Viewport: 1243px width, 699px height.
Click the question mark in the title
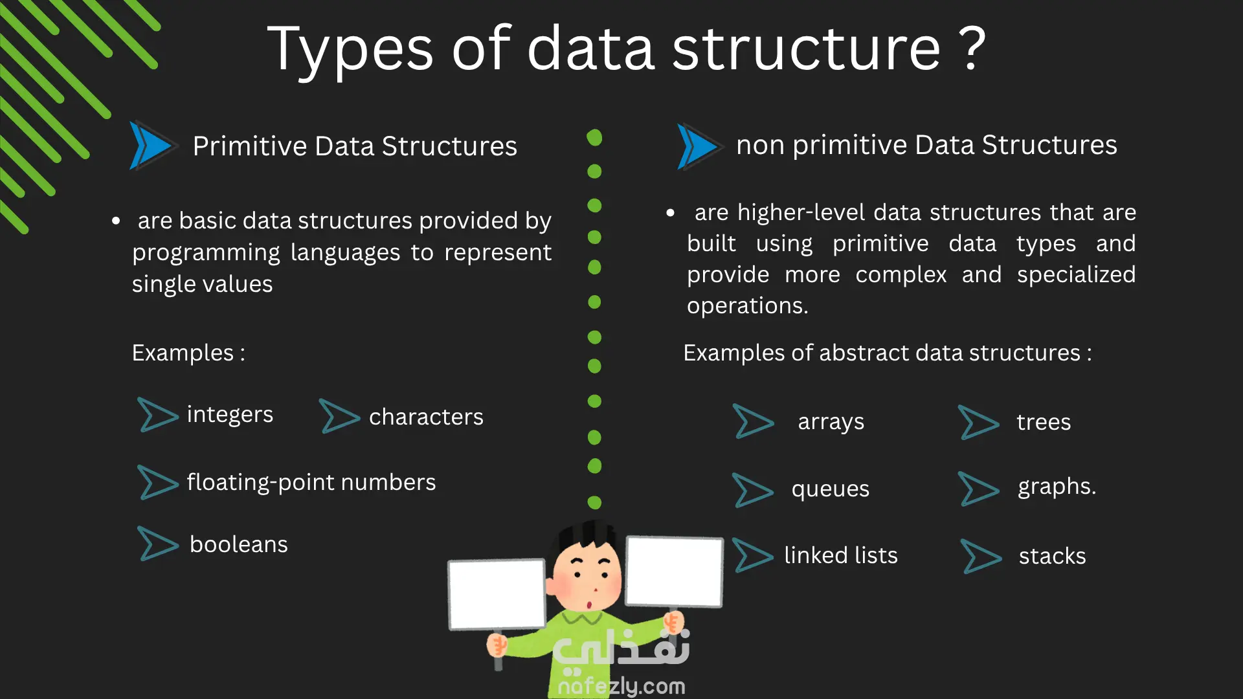coord(972,49)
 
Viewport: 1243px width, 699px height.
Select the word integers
coord(230,415)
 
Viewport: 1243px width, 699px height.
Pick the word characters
coord(426,417)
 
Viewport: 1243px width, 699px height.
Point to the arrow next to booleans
coord(158,543)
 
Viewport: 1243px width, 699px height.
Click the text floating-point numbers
coord(311,482)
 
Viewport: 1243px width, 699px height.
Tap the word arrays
coord(831,422)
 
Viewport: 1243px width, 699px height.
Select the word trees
coord(1044,422)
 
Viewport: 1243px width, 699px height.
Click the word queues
coord(830,489)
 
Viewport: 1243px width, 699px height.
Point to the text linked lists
coord(841,555)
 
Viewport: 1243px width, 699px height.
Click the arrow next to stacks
coord(981,557)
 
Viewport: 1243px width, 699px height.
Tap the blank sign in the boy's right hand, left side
coord(497,595)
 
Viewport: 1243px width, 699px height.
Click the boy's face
coord(586,576)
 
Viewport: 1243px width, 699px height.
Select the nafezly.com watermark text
coord(621,686)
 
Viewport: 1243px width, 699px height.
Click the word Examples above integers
coord(183,353)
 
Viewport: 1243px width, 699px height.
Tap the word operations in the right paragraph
coord(748,306)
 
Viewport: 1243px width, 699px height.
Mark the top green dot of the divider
coord(594,137)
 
